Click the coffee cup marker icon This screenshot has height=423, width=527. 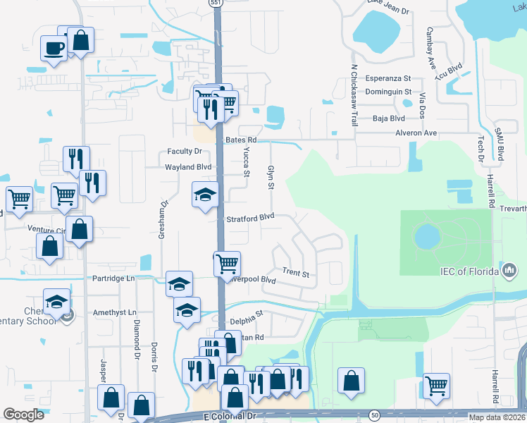(54, 49)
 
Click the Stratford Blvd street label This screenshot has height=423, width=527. (250, 219)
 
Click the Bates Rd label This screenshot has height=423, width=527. (241, 140)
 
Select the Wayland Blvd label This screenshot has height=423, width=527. (188, 167)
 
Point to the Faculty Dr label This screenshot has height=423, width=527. (185, 152)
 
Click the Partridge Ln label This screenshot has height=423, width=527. (113, 278)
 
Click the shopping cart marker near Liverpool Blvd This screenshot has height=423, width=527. (227, 264)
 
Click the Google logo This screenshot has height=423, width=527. (24, 415)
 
